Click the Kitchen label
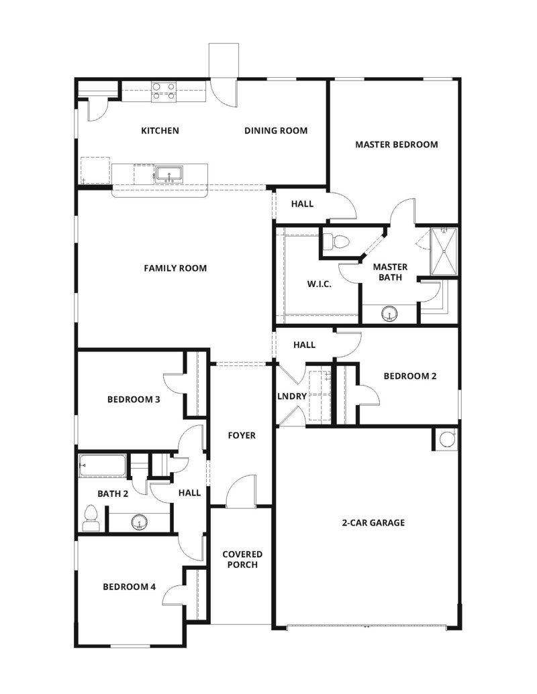(x=160, y=131)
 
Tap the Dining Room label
(x=276, y=131)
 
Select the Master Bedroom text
(x=396, y=144)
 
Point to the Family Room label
(x=175, y=268)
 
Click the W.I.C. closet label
(x=320, y=284)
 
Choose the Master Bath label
(x=390, y=272)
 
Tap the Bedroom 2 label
(x=409, y=376)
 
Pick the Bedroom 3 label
(x=133, y=400)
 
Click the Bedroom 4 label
(x=129, y=587)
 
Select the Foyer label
(x=242, y=436)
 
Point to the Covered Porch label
(x=242, y=559)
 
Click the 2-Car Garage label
(x=373, y=522)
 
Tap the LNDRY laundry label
(x=292, y=396)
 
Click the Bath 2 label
(x=112, y=493)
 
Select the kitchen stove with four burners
(x=164, y=91)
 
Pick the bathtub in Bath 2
(x=103, y=465)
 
